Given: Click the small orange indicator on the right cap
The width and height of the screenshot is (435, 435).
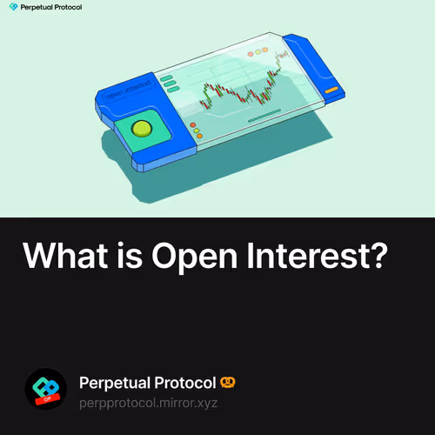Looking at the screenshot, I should pos(331,90).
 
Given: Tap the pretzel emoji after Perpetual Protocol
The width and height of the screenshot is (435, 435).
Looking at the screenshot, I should pos(229,383).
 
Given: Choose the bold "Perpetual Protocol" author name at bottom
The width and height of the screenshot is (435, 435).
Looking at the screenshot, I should pos(147,383).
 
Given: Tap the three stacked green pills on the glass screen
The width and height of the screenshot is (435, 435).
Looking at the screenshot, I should pos(170,83).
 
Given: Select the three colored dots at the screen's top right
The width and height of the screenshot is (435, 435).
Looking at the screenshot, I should pos(259,53).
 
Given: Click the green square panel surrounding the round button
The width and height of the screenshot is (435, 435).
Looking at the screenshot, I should pos(140,131).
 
